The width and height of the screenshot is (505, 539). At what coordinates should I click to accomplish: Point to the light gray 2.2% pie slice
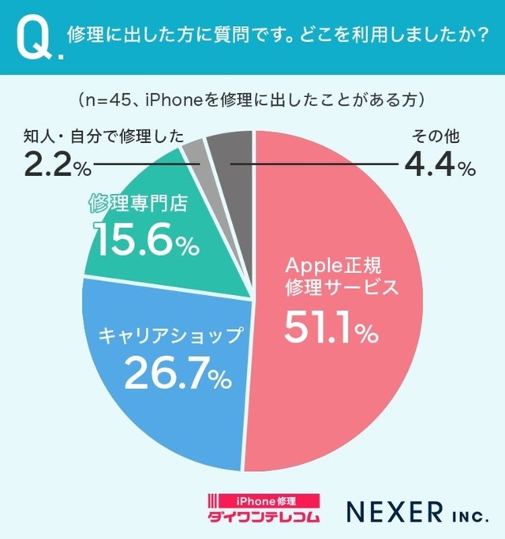click(194, 150)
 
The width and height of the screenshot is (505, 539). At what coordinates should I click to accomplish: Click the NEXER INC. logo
click(406, 512)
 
